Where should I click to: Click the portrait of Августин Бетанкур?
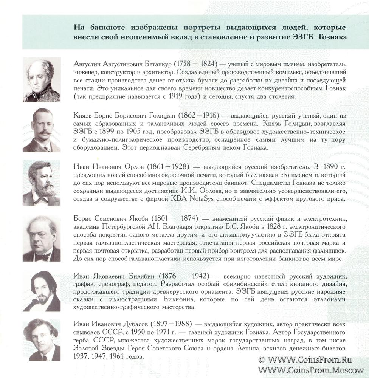(x=42, y=79)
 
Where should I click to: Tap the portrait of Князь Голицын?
(x=42, y=130)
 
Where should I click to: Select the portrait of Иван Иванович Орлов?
(x=42, y=183)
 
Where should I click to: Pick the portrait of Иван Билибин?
(x=42, y=291)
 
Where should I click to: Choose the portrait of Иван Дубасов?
(x=42, y=339)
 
